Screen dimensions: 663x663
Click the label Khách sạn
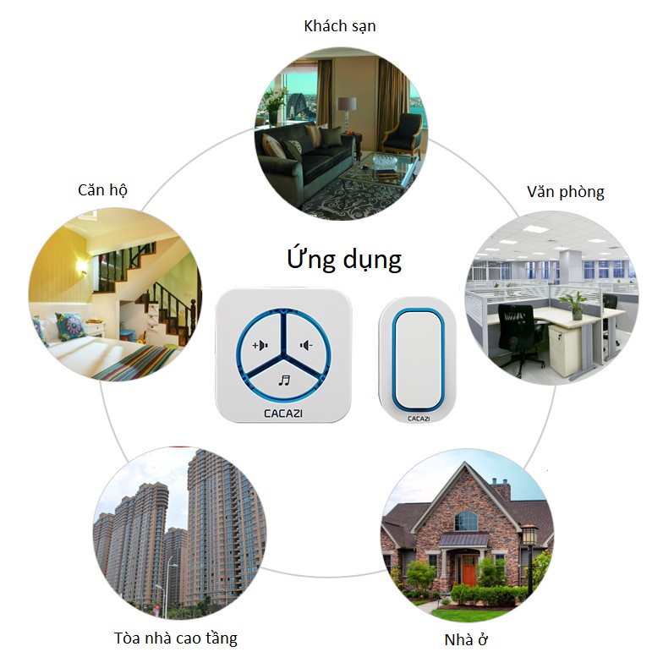point(339,26)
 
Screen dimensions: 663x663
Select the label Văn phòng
point(565,192)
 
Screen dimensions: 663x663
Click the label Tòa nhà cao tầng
point(176,637)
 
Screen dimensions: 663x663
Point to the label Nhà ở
point(466,638)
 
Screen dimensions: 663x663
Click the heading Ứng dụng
point(342,259)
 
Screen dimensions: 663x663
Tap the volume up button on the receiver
point(259,344)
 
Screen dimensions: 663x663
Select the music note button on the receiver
point(283,380)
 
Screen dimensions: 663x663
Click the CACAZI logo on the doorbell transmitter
point(419,418)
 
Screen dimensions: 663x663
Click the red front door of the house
point(469,573)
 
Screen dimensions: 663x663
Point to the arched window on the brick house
point(466,521)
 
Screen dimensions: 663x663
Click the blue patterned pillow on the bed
point(68,326)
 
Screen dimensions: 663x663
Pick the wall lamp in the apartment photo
point(83,267)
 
